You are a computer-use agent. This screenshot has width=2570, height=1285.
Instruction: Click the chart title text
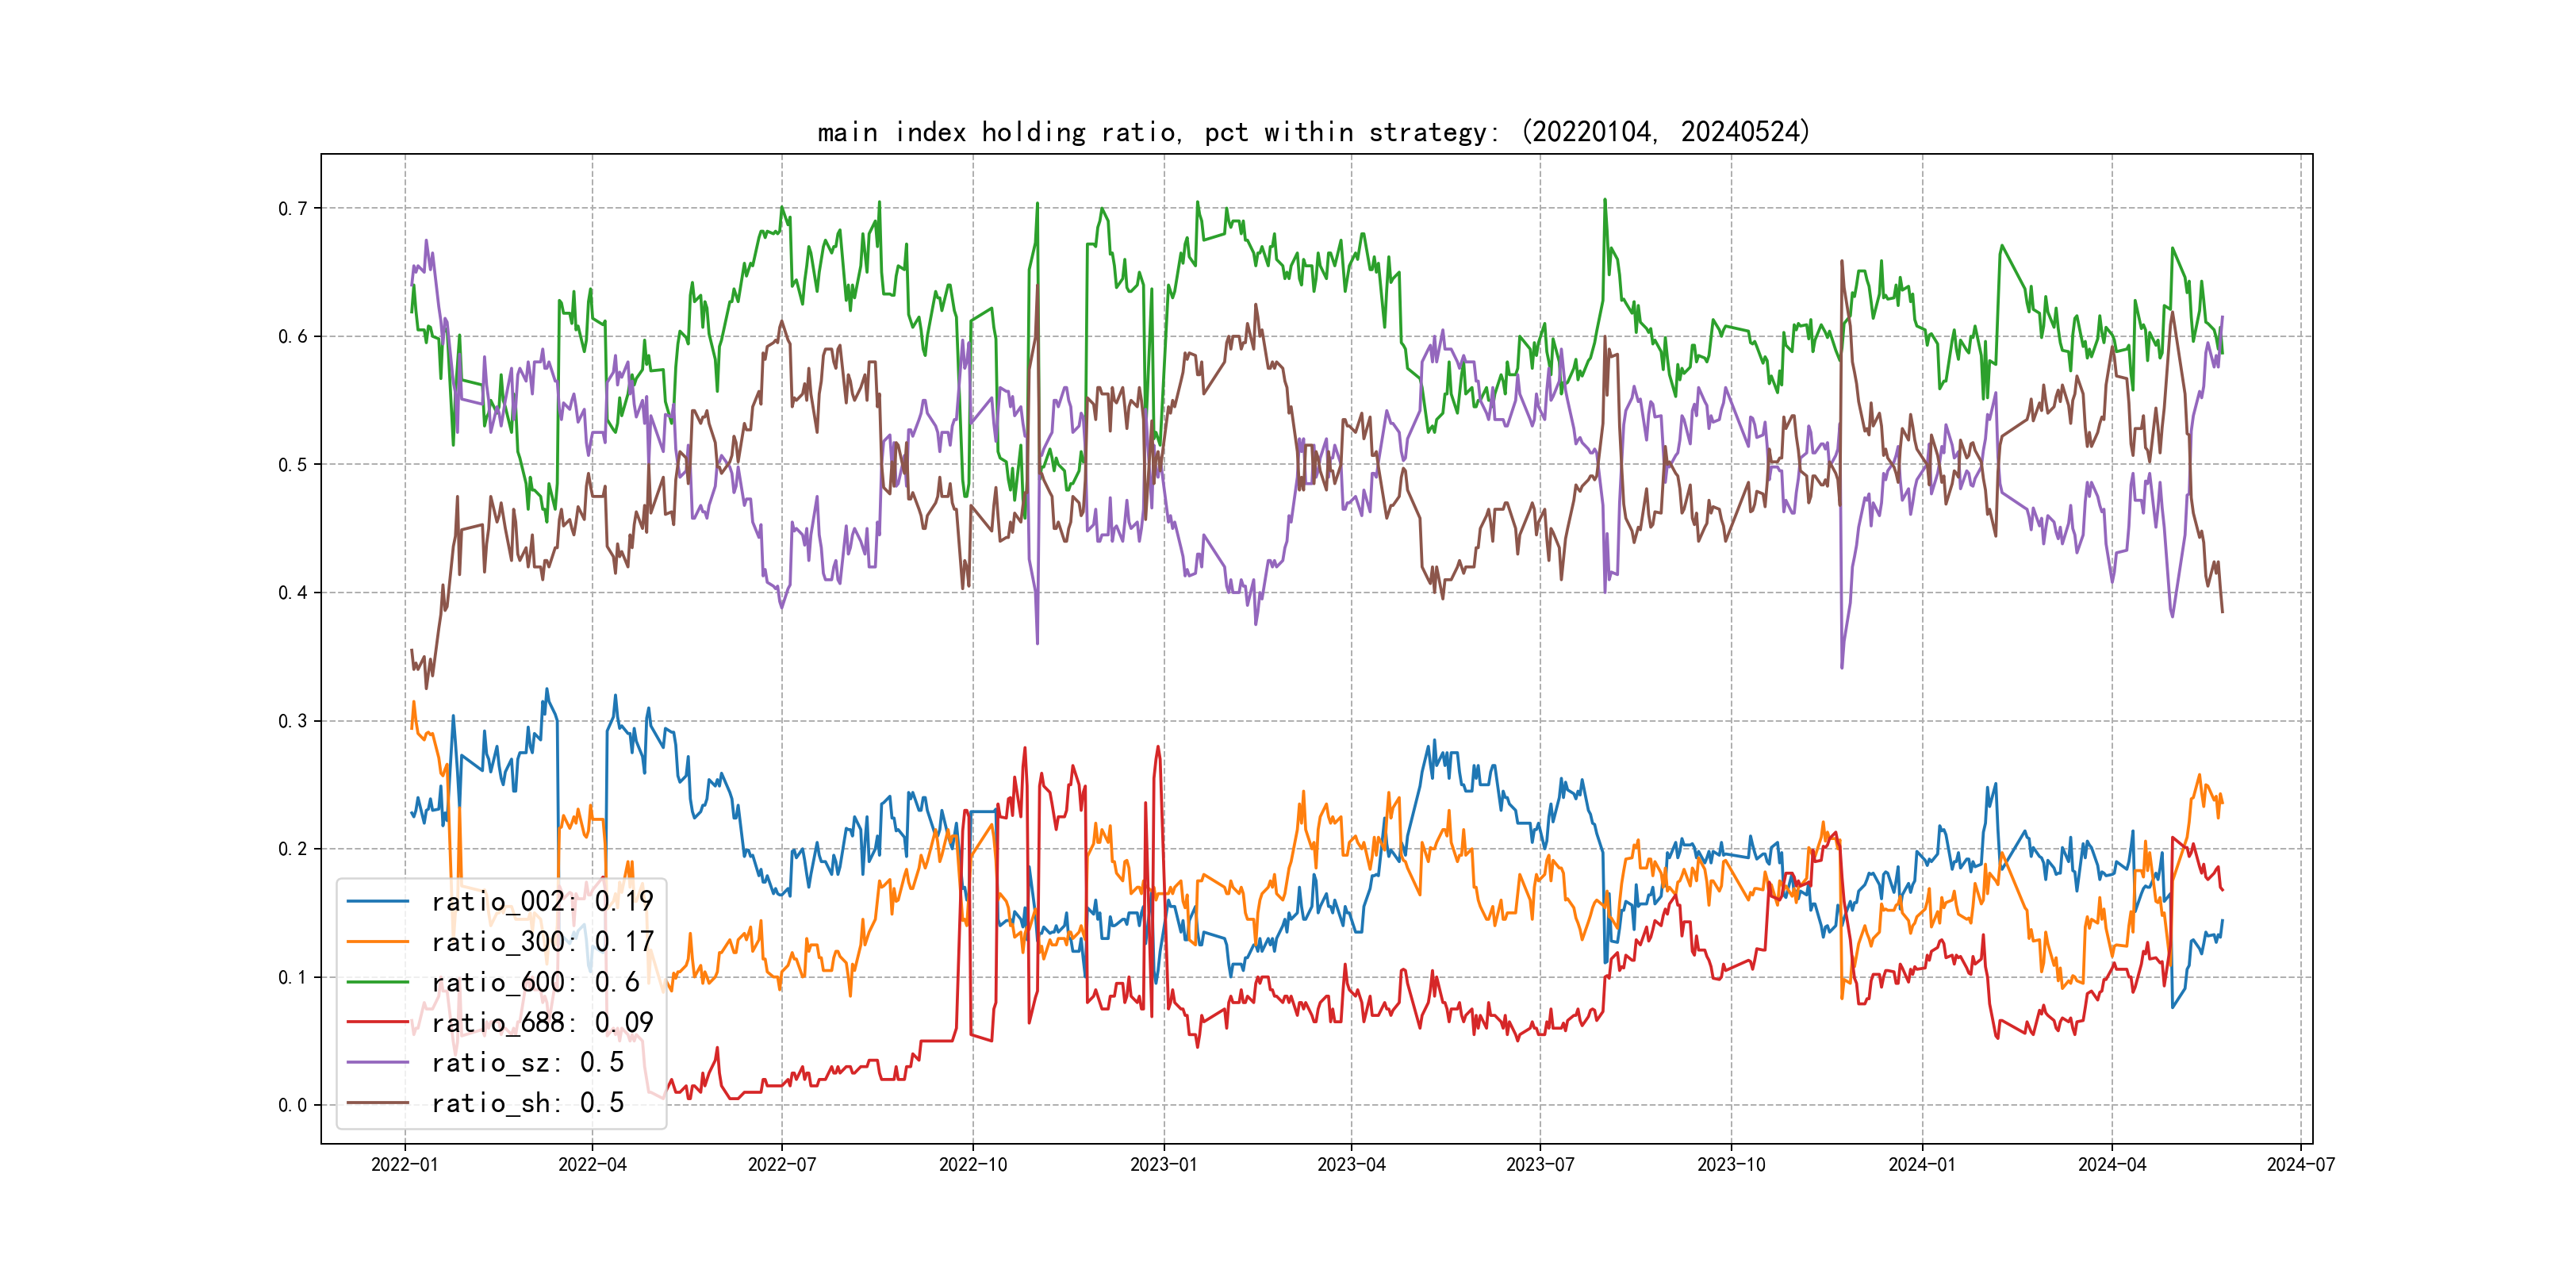1313,132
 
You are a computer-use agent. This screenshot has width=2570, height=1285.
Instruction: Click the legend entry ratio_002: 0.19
542,902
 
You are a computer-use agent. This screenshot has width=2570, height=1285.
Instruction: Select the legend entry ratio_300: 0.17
542,942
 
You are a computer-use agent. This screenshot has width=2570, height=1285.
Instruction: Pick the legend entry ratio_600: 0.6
535,983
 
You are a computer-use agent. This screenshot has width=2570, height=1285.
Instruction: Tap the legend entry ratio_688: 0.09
542,1022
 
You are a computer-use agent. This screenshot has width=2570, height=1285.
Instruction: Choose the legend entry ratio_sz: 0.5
527,1063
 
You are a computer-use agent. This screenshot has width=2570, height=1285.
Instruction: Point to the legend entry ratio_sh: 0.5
527,1103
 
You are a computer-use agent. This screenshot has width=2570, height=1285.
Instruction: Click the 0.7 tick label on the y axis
293,209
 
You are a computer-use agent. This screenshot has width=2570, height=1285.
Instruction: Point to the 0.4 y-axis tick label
293,593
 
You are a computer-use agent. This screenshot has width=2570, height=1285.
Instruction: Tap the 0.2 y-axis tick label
293,849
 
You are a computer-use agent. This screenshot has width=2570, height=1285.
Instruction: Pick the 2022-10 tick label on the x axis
972,1164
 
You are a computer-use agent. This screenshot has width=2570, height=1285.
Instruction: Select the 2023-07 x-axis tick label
1540,1164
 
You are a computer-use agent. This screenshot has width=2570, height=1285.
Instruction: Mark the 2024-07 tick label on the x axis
2300,1164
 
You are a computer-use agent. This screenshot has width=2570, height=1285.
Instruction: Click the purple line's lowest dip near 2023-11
1842,666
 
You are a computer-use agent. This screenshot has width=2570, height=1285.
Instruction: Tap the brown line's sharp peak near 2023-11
1842,262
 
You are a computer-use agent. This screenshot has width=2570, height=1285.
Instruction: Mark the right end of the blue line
2222,921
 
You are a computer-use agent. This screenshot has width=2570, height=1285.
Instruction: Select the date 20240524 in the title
1740,132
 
